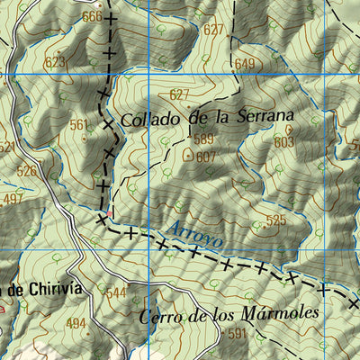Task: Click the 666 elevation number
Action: [91, 17]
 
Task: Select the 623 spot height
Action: [55, 62]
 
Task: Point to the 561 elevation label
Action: [80, 125]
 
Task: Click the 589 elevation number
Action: [203, 139]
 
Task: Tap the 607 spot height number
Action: [206, 156]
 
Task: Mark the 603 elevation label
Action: [284, 142]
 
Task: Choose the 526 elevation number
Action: [27, 170]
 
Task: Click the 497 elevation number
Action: [13, 198]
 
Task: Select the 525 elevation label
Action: [275, 220]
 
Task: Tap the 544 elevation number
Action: [117, 293]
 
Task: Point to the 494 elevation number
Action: [76, 323]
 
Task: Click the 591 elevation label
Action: [237, 333]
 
